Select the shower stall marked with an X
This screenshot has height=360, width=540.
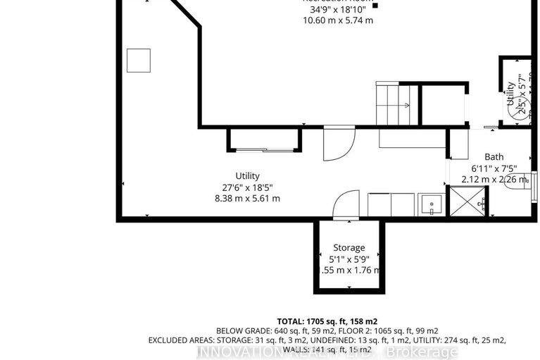click(x=462, y=204)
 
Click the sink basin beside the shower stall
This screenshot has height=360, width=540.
click(x=431, y=205)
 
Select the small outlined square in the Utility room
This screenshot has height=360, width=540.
click(x=138, y=61)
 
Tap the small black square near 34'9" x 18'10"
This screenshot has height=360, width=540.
click(x=375, y=6)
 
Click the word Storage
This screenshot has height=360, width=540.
click(x=349, y=247)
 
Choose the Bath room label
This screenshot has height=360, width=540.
click(x=494, y=156)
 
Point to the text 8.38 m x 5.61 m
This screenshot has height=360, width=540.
click(x=248, y=199)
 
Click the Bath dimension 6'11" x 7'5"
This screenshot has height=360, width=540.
click(x=494, y=168)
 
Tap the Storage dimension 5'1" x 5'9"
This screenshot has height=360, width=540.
click(x=349, y=259)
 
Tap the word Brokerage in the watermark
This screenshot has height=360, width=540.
click(x=430, y=352)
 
